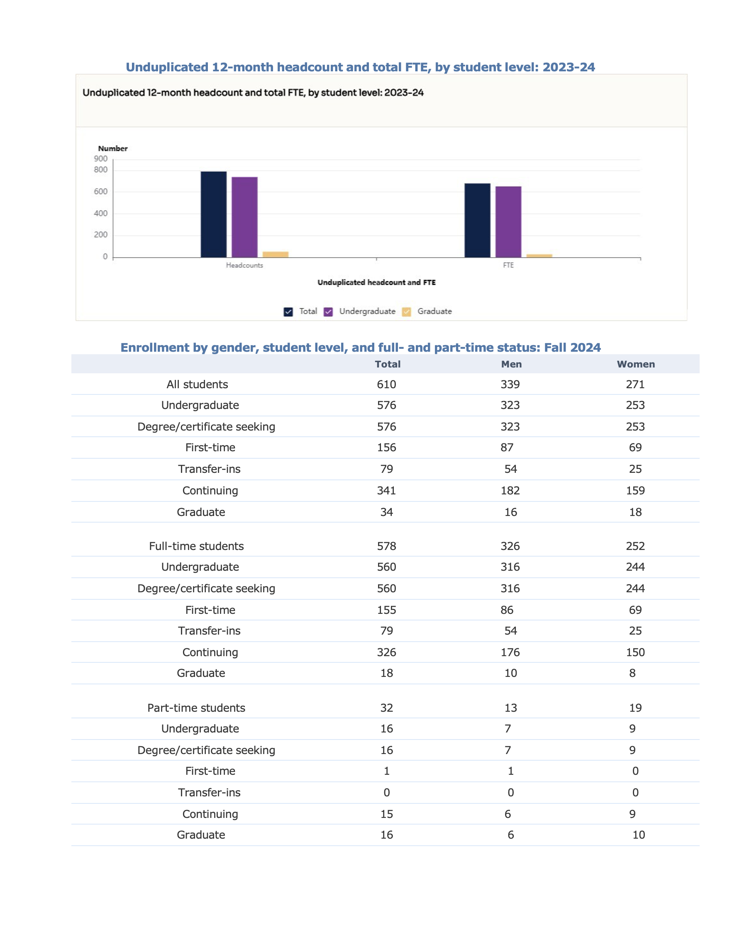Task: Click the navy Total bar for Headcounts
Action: [214, 214]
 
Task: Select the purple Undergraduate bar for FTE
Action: [508, 222]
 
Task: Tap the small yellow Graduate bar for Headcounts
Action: [276, 255]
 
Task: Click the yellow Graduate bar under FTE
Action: [539, 256]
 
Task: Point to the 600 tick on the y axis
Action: [101, 192]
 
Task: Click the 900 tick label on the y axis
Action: [101, 158]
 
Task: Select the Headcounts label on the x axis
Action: [244, 265]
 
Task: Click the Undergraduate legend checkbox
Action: [329, 311]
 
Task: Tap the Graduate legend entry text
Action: [434, 311]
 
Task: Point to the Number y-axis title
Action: [113, 148]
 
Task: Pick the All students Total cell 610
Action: [386, 384]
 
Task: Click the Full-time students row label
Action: [196, 546]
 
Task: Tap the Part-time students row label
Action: [196, 708]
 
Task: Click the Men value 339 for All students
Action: [510, 384]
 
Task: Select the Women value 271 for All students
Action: [635, 384]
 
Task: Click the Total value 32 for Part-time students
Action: [386, 708]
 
